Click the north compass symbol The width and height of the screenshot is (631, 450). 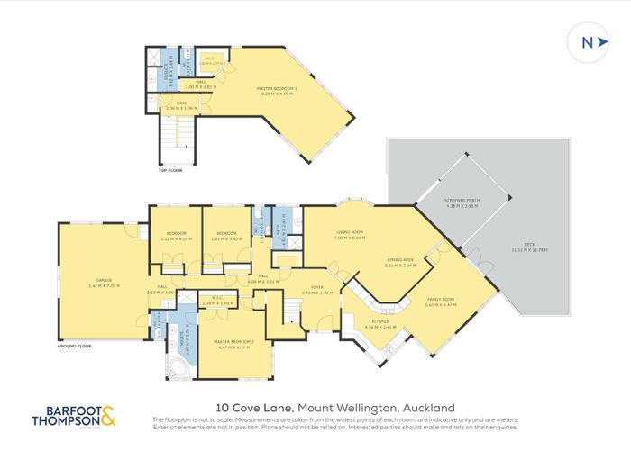pyautogui.click(x=586, y=42)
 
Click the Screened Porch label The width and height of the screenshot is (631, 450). pyautogui.click(x=460, y=203)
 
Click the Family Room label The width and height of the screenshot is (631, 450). pyautogui.click(x=442, y=302)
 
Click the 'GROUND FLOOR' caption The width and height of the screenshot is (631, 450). pyautogui.click(x=76, y=346)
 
